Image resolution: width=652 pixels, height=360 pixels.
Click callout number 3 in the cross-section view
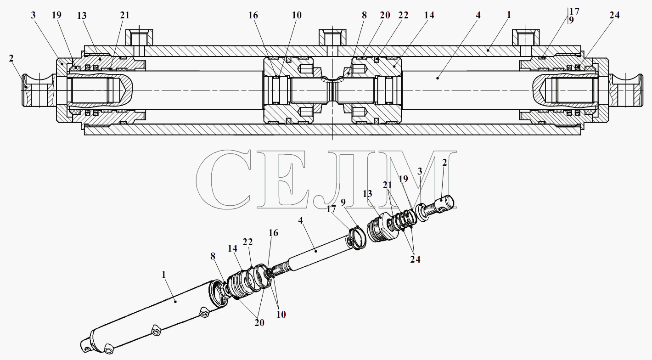coord(33,16)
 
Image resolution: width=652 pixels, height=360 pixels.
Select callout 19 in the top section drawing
coord(56,15)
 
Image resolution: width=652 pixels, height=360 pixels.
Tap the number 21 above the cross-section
coord(124,15)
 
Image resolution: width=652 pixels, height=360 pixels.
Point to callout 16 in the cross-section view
coord(253,15)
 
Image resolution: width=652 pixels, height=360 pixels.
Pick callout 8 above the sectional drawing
coord(364,15)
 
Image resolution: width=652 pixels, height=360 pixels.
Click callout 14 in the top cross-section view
coord(429,15)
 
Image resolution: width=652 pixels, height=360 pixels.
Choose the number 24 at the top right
coord(614,15)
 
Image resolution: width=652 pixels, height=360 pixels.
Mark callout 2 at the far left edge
coord(11,58)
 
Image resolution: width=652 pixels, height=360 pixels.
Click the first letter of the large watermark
coord(224,179)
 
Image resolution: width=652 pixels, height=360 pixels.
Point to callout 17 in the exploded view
coord(331,209)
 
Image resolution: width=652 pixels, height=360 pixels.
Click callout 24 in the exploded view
coord(416,259)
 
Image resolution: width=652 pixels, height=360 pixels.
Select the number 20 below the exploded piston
coord(259,322)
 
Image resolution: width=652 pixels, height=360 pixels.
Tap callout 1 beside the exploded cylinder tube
coord(163,275)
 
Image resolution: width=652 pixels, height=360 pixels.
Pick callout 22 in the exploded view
coord(247,242)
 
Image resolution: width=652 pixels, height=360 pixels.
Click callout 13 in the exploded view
coord(367,193)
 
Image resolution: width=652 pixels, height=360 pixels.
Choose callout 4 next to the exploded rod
coord(300,220)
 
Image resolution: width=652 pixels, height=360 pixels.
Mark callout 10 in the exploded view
coord(281,314)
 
